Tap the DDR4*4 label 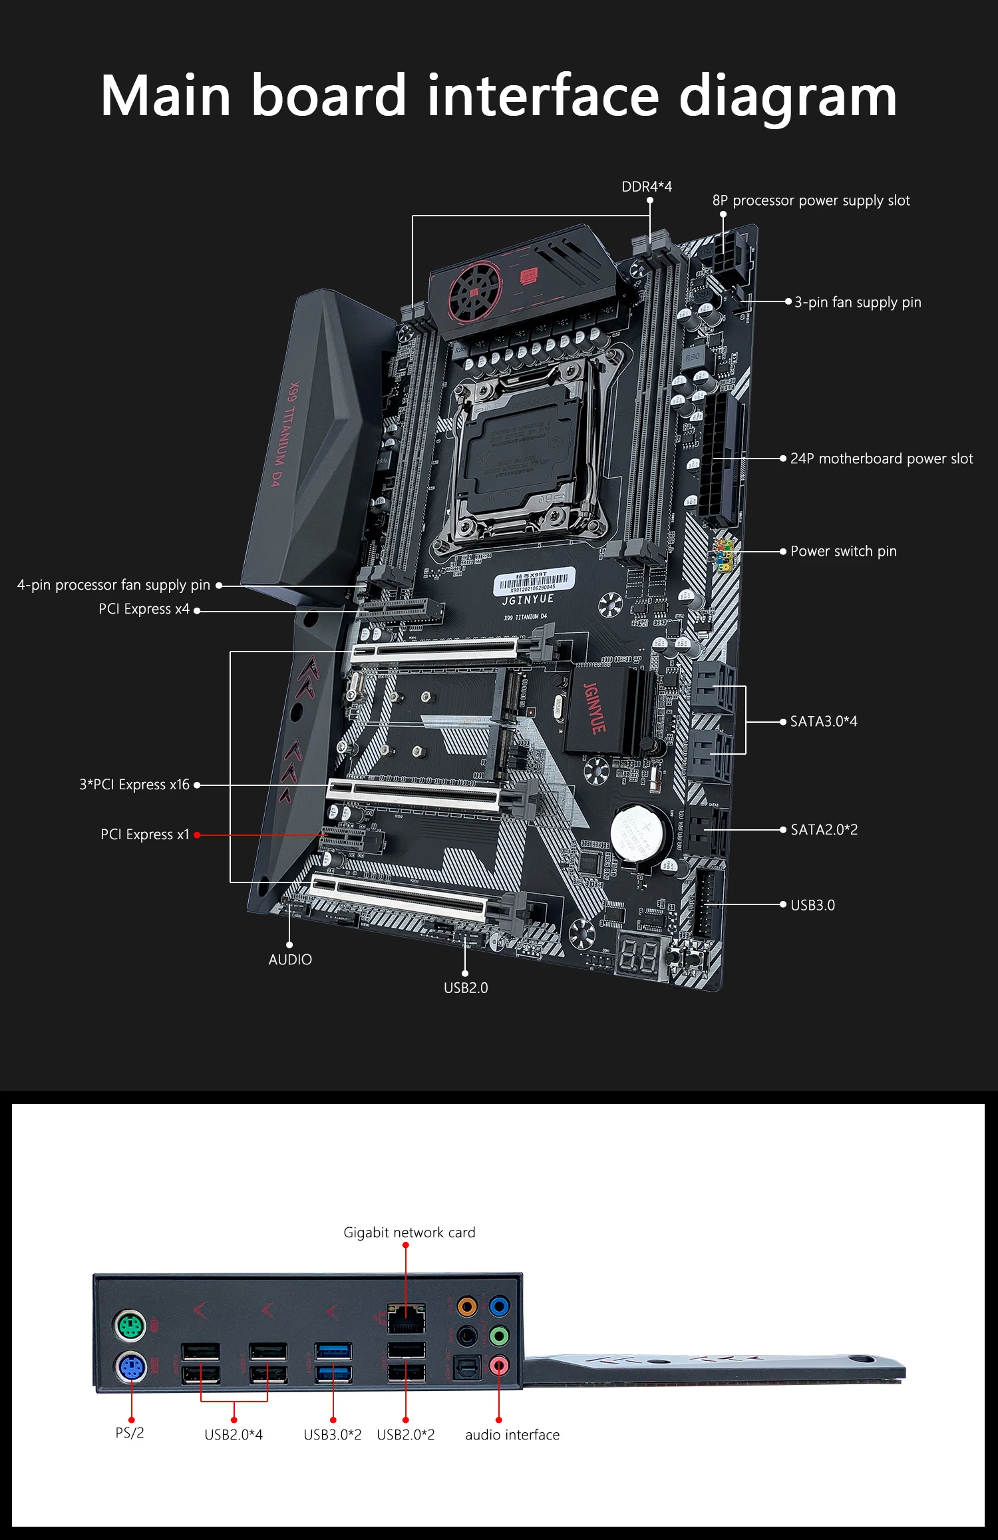coord(647,187)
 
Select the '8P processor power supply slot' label coord(810,201)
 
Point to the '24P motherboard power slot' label coord(881,459)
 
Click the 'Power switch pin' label coord(843,551)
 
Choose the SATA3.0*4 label coord(823,721)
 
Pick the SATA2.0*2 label coord(824,830)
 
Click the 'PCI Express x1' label coord(145,835)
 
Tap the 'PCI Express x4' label coord(144,609)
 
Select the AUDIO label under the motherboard coord(290,960)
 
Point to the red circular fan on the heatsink coord(474,290)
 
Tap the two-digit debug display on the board coord(639,955)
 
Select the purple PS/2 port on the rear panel coord(131,1368)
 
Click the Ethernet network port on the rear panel coord(406,1318)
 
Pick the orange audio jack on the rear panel coord(467,1306)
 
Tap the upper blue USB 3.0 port coord(333,1350)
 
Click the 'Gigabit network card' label coord(409,1233)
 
